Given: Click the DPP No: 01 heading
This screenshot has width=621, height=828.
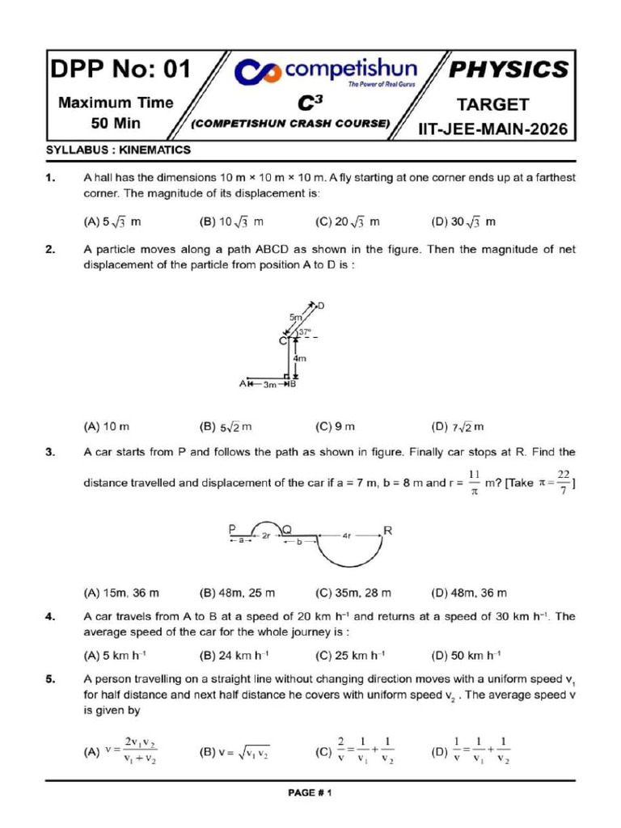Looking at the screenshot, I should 121,70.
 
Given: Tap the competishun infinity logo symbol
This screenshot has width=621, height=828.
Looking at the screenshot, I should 257,74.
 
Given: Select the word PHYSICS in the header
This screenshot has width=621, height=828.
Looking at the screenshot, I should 509,70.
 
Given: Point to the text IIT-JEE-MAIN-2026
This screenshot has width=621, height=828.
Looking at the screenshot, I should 492,129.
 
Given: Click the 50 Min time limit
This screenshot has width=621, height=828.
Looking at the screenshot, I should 115,124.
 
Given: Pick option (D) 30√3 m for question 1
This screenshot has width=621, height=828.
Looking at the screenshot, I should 463,222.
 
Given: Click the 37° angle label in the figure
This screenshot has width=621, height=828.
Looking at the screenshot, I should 305,332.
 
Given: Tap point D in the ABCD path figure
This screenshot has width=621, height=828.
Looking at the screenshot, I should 321,306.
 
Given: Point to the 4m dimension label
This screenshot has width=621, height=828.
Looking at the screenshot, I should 300,358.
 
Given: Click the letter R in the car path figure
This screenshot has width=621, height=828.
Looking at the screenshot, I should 388,531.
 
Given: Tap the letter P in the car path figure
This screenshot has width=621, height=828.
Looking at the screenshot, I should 233,530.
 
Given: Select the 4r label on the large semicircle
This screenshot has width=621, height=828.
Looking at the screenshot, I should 347,535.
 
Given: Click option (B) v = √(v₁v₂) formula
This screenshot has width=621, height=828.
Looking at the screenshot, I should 234,752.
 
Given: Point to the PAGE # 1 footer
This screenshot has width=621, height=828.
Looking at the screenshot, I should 310,793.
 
